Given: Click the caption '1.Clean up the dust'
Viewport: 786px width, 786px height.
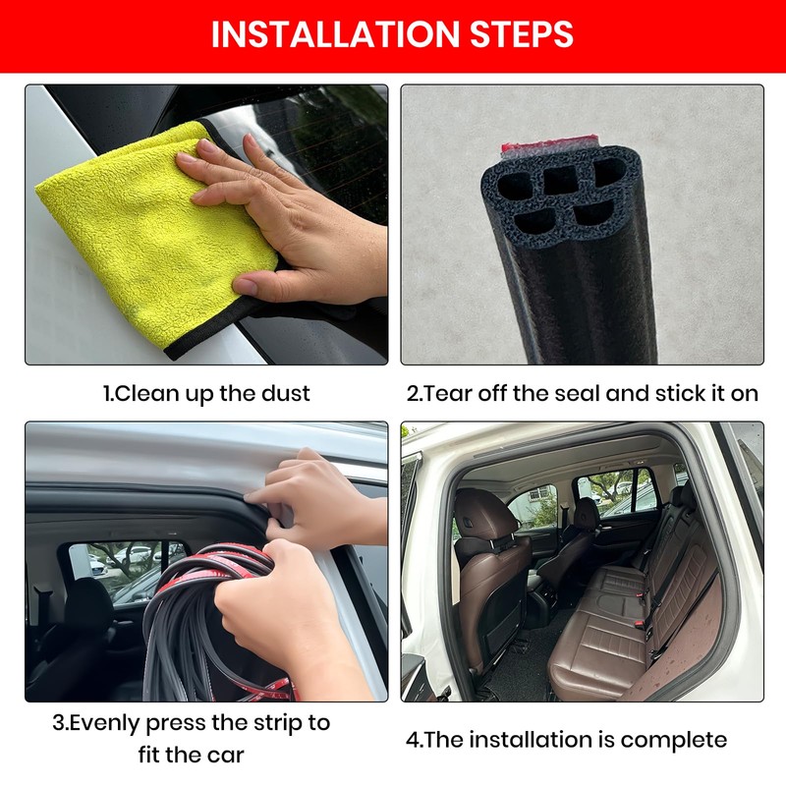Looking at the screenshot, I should click(x=206, y=394).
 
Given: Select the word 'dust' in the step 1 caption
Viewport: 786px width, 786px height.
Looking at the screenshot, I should click(x=287, y=394).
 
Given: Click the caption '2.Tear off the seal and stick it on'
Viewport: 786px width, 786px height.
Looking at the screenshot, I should click(x=583, y=394).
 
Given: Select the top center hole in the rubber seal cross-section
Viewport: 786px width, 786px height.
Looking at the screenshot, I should click(x=559, y=178).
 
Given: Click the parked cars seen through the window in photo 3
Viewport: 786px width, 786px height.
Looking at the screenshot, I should click(x=128, y=565).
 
